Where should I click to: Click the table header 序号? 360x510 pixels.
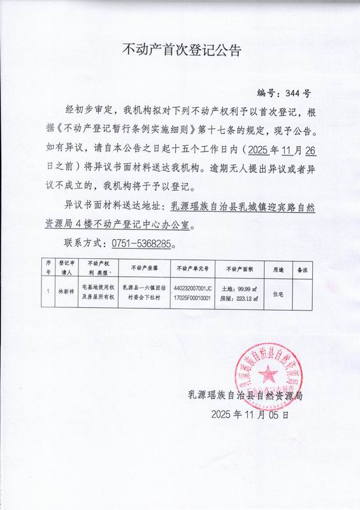pyautogui.click(x=48, y=266)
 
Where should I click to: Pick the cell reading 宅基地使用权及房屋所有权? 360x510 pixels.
pyautogui.click(x=98, y=294)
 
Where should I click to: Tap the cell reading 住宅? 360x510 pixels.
pyautogui.click(x=278, y=294)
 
